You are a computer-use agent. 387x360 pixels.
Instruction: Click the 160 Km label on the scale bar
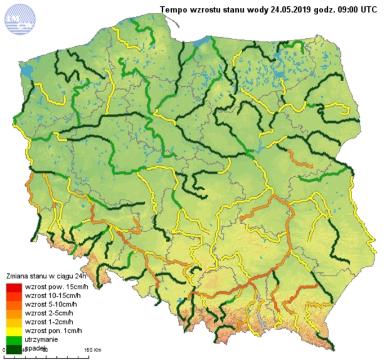[x=92, y=350]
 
